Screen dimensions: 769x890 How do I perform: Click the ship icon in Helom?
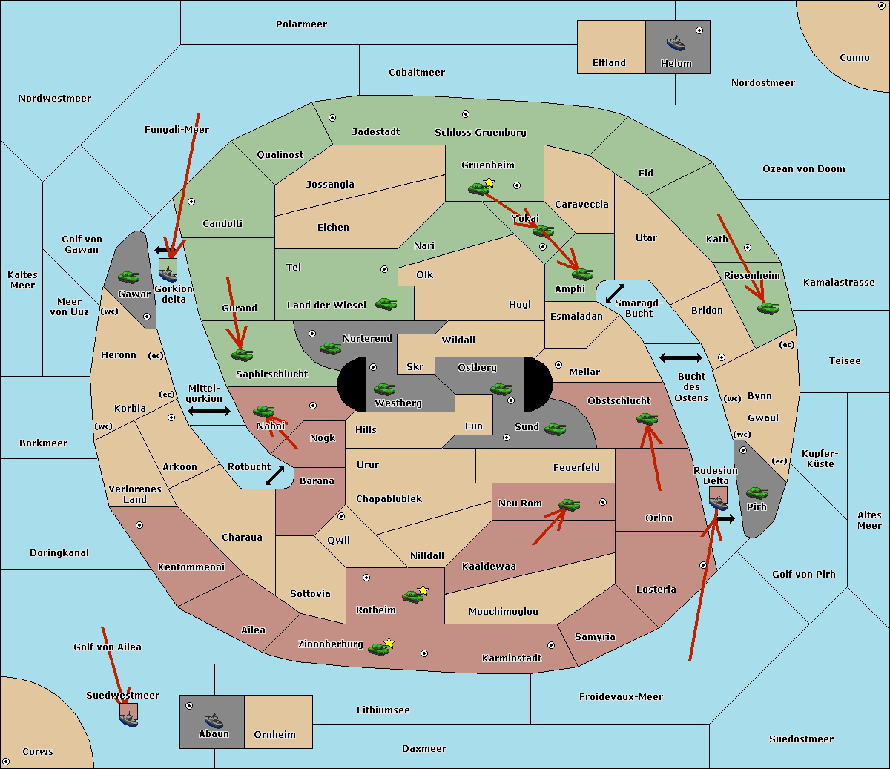[x=676, y=43]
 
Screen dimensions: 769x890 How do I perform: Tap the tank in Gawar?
[x=129, y=277]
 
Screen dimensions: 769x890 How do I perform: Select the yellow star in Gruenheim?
[x=489, y=182]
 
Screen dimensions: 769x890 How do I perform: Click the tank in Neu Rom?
[x=569, y=505]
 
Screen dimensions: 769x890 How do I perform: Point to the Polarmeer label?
[x=301, y=24]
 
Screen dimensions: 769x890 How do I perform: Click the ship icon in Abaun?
[x=214, y=719]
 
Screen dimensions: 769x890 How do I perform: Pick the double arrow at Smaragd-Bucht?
[x=616, y=294]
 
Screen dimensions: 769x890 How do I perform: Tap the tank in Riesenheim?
[x=768, y=308]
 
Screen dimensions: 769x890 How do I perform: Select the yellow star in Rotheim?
[x=423, y=590]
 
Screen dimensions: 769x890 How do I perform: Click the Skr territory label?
[x=415, y=367]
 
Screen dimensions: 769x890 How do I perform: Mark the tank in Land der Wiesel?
[x=386, y=303]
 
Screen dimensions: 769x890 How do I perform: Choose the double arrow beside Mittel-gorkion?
[x=209, y=412]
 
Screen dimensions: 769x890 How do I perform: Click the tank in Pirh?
[x=756, y=492]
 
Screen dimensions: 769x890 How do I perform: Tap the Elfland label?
[x=609, y=63]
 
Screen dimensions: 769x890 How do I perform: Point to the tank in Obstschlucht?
[x=647, y=419]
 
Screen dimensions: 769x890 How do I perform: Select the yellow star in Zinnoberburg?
[x=389, y=643]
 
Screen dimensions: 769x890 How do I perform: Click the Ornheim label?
[x=274, y=735]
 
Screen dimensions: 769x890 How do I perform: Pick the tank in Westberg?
[x=384, y=389]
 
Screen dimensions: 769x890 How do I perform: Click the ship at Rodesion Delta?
[x=718, y=503]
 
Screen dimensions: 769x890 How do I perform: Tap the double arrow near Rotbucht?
[x=274, y=476]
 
